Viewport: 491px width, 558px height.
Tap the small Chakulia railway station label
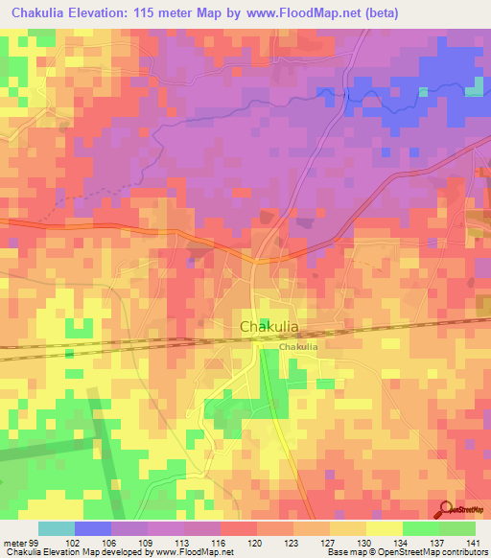coord(298,347)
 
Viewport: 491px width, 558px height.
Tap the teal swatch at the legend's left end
coord(57,528)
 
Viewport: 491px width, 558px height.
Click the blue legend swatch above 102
coord(93,528)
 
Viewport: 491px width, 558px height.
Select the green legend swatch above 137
coord(421,528)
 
